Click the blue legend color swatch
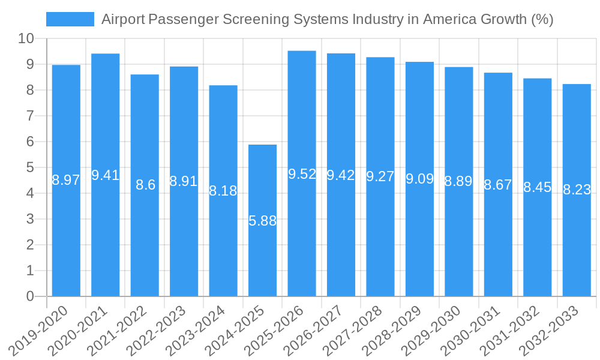(70, 19)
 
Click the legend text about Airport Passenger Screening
(327, 19)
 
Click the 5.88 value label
(263, 221)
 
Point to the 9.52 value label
(302, 174)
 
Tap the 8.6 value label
(145, 185)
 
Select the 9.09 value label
(420, 179)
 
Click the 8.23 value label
(577, 190)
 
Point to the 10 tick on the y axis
(26, 39)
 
